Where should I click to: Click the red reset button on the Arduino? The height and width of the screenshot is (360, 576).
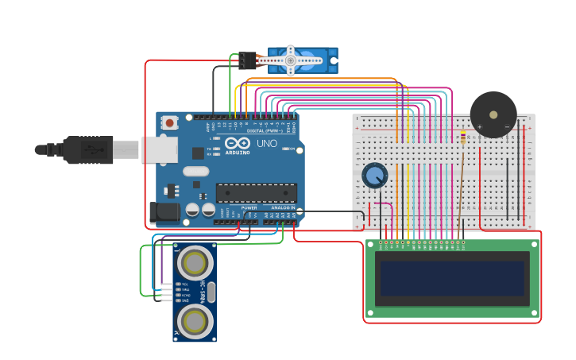169,122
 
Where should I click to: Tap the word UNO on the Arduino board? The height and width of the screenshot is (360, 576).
267,144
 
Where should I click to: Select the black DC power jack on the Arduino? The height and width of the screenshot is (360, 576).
164,211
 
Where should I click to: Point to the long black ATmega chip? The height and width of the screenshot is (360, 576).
256,193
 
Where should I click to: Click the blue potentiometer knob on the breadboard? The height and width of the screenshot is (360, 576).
374,176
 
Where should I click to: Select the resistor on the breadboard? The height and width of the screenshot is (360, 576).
463,139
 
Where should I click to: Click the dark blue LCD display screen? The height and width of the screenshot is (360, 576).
452,278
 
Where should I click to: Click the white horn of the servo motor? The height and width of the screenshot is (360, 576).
291,60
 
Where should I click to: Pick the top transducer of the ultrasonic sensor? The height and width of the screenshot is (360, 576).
195,262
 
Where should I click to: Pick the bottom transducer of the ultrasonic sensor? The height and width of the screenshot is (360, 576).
195,321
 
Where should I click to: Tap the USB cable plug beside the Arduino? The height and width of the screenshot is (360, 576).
87,149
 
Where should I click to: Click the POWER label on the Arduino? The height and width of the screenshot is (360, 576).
249,208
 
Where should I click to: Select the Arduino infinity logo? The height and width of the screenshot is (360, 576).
238,144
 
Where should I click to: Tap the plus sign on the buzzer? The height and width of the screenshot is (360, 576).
480,126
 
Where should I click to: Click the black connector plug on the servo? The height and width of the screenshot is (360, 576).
247,60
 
